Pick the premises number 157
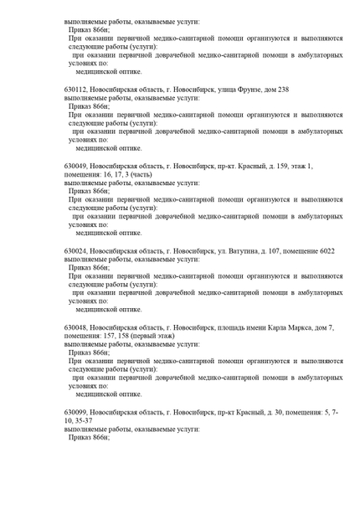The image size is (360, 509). [x=110, y=335]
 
